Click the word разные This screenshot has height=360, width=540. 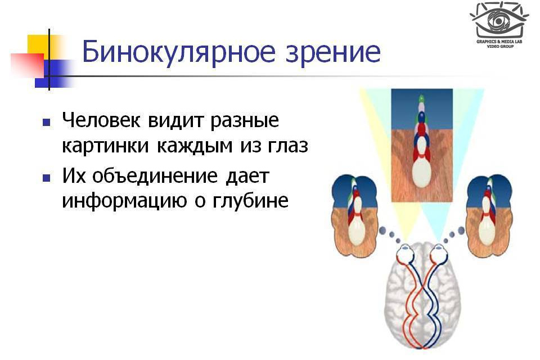click(247, 121)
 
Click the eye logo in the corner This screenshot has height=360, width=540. click(498, 19)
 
